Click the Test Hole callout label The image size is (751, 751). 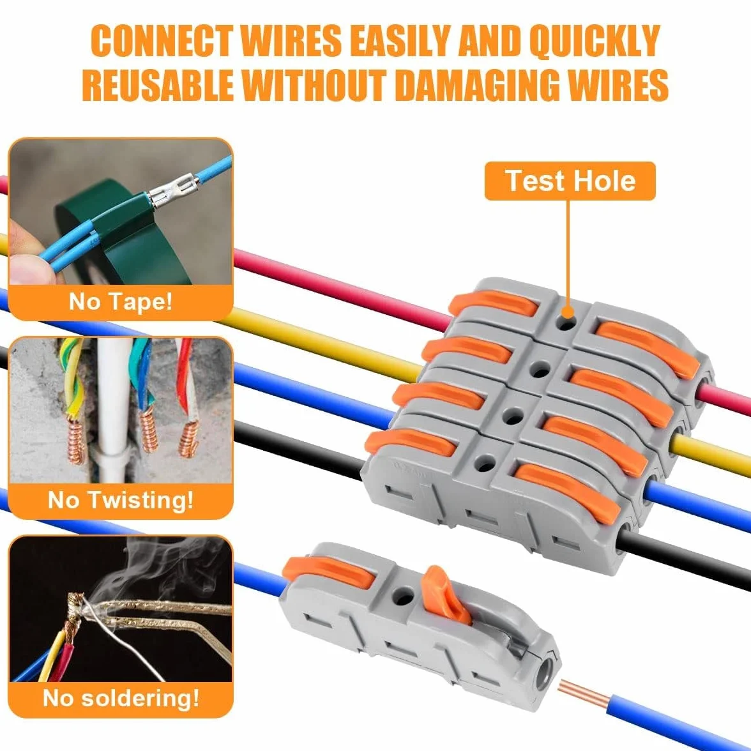point(570,181)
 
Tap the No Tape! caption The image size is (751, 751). point(121,301)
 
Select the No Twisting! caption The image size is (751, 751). point(121,500)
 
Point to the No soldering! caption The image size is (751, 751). point(121,698)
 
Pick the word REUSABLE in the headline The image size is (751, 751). point(158,86)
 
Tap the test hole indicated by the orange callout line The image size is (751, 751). point(566,322)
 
